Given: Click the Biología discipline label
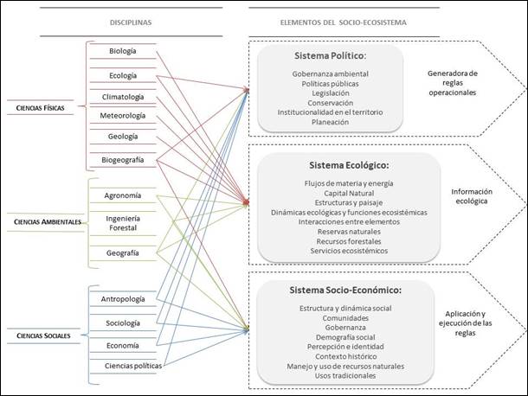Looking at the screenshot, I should [122, 51].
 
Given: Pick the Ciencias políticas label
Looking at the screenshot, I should [132, 366].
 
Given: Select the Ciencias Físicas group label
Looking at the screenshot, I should [46, 107].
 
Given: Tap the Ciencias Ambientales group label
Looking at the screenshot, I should [48, 222].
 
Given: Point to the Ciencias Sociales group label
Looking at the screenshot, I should [48, 334].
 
